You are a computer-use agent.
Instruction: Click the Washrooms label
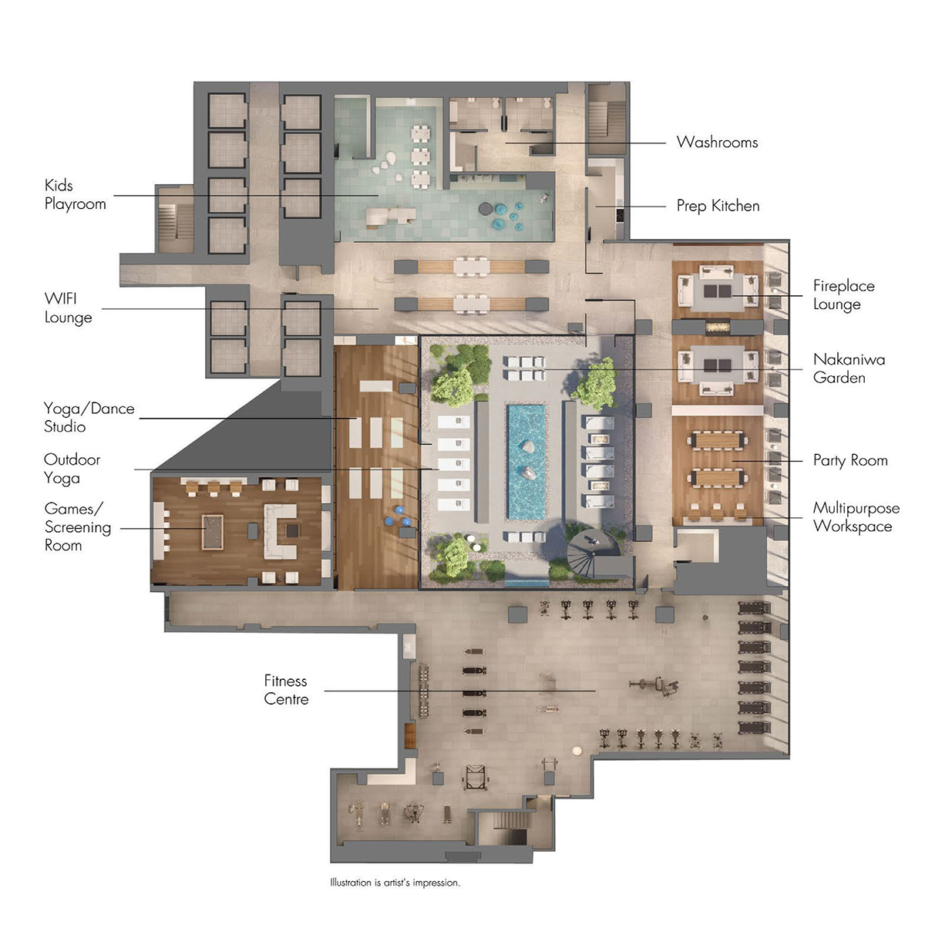pos(717,142)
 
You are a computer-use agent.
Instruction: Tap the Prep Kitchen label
pos(718,206)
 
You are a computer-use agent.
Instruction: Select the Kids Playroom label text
pos(75,194)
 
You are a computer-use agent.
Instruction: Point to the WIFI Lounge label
pos(68,308)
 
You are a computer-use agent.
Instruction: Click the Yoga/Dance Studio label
pos(89,417)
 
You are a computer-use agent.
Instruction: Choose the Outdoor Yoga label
pos(72,469)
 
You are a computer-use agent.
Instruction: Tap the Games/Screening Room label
pos(78,526)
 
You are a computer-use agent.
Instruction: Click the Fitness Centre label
pos(286,690)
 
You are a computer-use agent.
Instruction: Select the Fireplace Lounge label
pos(843,294)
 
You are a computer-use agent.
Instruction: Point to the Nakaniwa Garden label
pos(849,368)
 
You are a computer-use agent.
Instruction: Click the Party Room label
pos(850,460)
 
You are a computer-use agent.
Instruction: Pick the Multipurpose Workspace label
pos(856,516)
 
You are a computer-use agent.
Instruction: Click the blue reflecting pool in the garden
pos(526,462)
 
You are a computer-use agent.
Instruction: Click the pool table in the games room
pos(213,531)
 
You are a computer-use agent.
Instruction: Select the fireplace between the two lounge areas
pos(718,328)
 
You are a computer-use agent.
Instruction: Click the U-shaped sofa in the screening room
pos(281,531)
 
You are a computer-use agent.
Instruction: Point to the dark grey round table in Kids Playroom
pos(486,209)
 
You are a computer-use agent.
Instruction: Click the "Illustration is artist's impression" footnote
pos(395,883)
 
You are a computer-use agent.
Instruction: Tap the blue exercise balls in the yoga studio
pos(398,516)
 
